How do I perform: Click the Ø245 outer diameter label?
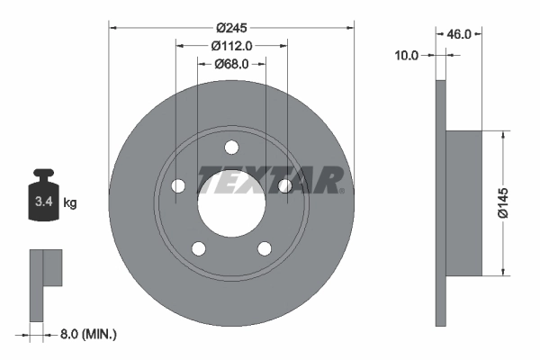[231, 27]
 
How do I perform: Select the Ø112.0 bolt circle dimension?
[231, 45]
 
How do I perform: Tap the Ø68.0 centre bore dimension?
[231, 64]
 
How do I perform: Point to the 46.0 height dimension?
[460, 33]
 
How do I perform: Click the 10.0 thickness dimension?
[407, 56]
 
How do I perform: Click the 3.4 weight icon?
[43, 199]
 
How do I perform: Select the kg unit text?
[70, 203]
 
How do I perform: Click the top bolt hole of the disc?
[231, 148]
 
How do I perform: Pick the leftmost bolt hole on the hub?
[177, 186]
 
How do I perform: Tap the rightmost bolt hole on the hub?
[285, 186]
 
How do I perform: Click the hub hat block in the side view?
[464, 202]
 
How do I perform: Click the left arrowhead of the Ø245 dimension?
[113, 27]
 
